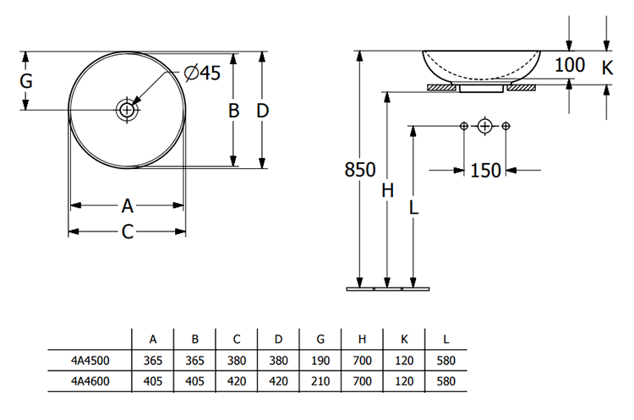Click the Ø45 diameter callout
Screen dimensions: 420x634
(x=200, y=74)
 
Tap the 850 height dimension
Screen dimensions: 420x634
(x=360, y=170)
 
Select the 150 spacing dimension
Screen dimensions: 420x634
(x=485, y=171)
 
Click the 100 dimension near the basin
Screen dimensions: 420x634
(x=571, y=65)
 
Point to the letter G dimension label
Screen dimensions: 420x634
(x=26, y=82)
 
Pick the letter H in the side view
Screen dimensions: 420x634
(x=387, y=191)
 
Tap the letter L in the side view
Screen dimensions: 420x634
(x=413, y=205)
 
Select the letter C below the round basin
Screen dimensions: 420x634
(x=127, y=232)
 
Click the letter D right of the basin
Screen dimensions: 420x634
(x=263, y=111)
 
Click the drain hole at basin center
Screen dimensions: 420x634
(x=127, y=110)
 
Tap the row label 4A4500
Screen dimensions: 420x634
(x=90, y=361)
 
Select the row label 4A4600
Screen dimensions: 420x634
(x=90, y=382)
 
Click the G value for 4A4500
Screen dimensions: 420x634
(x=320, y=361)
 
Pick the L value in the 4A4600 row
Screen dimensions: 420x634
(x=446, y=382)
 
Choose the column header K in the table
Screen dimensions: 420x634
(x=404, y=340)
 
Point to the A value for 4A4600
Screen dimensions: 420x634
(x=153, y=382)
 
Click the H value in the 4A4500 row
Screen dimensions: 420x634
(x=362, y=361)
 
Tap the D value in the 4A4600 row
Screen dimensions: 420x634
(x=278, y=382)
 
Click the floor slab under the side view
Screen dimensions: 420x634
(x=388, y=289)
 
